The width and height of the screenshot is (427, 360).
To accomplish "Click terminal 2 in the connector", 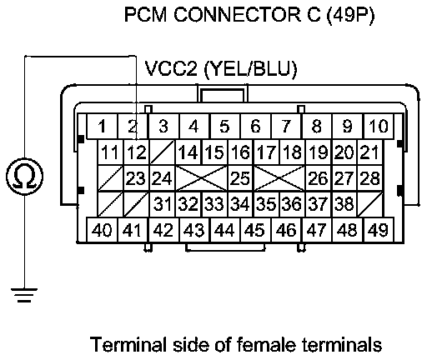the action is (x=133, y=127).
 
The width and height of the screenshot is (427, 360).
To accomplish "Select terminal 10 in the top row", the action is (x=379, y=127).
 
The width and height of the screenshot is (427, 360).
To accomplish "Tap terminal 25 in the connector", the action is (x=241, y=178).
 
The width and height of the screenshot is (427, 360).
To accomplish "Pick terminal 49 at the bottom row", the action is (x=379, y=230).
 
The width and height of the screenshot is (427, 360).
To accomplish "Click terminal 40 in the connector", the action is (x=102, y=230).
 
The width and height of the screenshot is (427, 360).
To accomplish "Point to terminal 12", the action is (x=137, y=152).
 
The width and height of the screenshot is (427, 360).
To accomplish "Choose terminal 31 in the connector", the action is (x=163, y=204).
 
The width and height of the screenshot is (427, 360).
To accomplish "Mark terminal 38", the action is (x=344, y=204).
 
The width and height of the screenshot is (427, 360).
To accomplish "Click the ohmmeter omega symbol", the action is (x=24, y=176).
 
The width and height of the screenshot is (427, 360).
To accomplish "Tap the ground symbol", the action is (x=24, y=295).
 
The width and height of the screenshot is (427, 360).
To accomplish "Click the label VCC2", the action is (x=171, y=68).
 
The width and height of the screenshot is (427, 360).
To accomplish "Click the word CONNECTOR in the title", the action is (x=238, y=14).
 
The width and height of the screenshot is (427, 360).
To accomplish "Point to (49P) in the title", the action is (x=350, y=15).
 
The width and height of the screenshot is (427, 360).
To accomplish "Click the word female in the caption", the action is (x=266, y=344).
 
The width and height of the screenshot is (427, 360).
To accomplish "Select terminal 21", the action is (x=369, y=152).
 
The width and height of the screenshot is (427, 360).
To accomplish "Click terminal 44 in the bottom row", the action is (x=225, y=230).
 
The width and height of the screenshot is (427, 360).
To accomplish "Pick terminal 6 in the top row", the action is (x=256, y=127).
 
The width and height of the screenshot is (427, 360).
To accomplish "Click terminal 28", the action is (x=369, y=178).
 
